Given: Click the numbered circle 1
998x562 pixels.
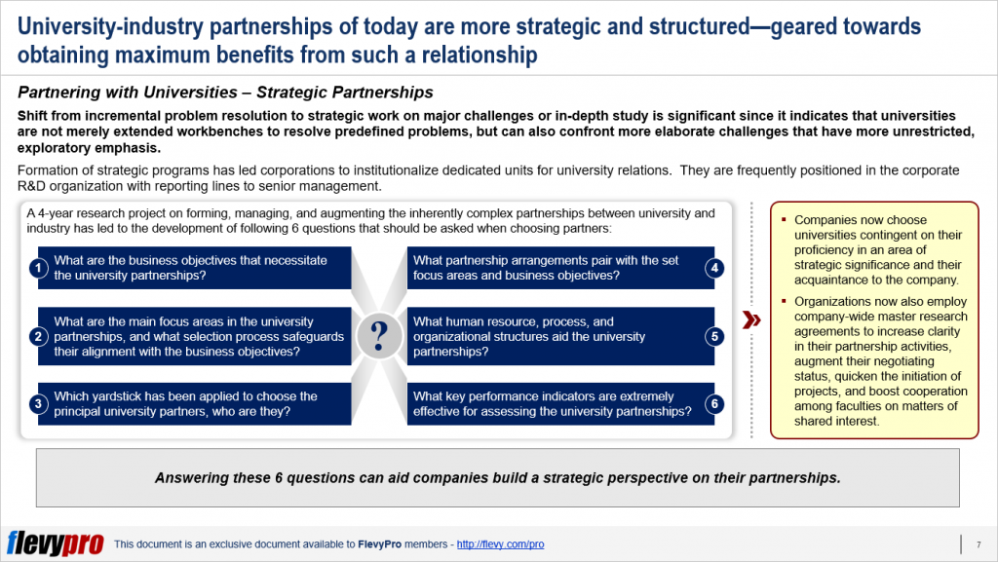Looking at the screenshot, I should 38,269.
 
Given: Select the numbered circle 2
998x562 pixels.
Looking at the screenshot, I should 38,337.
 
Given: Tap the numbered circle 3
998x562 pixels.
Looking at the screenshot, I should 38,404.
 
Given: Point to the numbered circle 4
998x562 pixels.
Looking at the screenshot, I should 714,269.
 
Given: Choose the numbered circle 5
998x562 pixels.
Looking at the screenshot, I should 714,337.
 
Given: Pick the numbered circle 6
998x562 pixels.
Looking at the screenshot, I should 714,404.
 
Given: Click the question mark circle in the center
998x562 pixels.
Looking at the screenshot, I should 378,337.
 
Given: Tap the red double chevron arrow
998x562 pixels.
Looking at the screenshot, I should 751,320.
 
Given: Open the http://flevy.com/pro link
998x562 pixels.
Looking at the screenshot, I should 500,544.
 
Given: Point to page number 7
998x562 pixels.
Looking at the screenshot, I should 978,543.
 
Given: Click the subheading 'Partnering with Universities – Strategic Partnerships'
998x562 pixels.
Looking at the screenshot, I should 225,94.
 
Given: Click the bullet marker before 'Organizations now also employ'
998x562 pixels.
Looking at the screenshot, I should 785,302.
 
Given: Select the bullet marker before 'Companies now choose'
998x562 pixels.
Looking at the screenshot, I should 785,220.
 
